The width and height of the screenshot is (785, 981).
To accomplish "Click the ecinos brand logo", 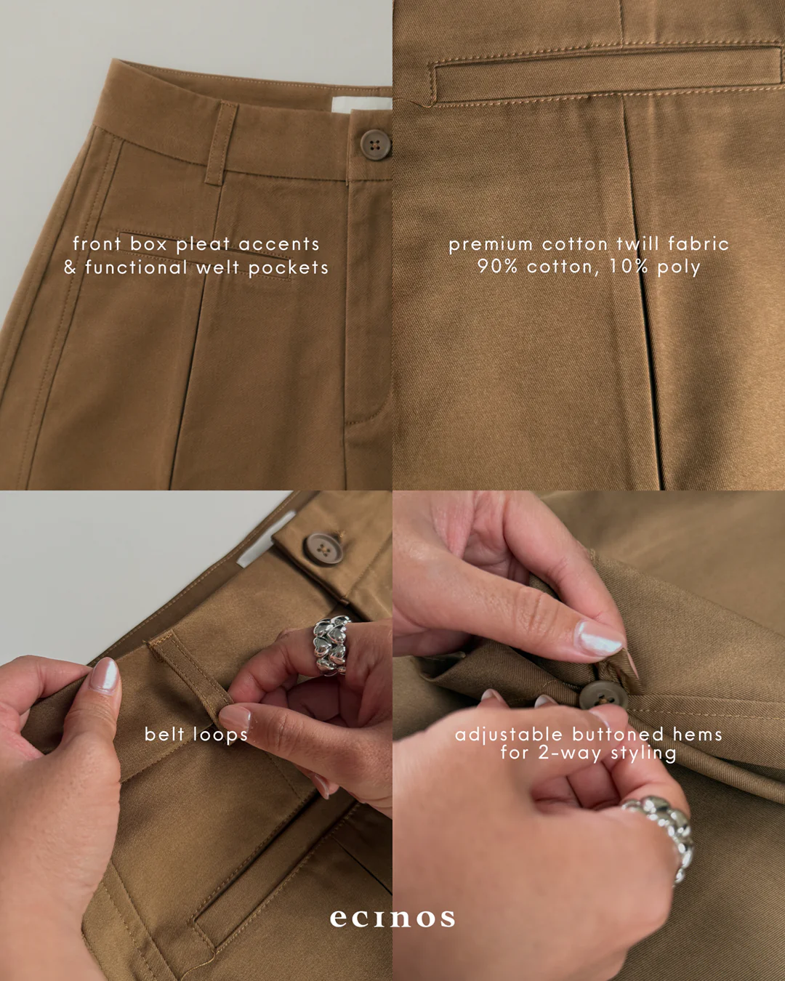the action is [x=392, y=919].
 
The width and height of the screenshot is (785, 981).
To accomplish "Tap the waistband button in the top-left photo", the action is [x=375, y=145].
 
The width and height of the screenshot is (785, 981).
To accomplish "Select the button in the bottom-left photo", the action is [x=323, y=549].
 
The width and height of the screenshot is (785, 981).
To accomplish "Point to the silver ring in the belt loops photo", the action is [x=331, y=645].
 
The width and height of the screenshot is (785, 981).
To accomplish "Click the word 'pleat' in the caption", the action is [x=203, y=244].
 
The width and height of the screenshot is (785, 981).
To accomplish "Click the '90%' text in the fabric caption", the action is [x=497, y=266].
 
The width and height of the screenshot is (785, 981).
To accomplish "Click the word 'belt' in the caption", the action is [x=164, y=734].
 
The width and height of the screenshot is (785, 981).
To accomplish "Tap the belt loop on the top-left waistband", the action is [x=220, y=143].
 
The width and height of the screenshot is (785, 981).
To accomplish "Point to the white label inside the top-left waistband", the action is [x=361, y=105].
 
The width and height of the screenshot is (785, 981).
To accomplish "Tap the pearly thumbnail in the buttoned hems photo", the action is [x=600, y=638].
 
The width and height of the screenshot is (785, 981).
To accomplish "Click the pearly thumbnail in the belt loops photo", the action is [x=105, y=676].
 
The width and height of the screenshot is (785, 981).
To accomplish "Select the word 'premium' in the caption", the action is [x=491, y=245].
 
